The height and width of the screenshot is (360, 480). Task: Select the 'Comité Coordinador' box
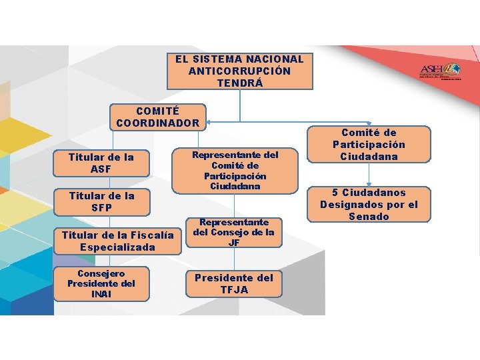click(x=158, y=117)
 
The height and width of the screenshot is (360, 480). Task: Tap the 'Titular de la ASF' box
click(x=101, y=163)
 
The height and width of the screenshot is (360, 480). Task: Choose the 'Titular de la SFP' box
click(x=101, y=201)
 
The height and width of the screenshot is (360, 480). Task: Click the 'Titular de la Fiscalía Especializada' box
click(x=117, y=241)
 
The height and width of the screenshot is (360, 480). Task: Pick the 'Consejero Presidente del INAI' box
click(x=101, y=283)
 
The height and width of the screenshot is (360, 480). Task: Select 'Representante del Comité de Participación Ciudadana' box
click(x=235, y=171)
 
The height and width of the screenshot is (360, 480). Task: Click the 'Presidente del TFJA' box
click(x=234, y=283)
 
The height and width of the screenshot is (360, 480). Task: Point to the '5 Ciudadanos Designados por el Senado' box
click(x=369, y=204)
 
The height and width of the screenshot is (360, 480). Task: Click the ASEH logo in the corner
click(x=439, y=71)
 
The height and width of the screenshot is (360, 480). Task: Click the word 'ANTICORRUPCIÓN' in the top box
click(x=239, y=71)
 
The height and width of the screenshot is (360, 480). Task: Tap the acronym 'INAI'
click(x=101, y=294)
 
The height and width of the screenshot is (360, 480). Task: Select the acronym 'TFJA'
click(x=234, y=290)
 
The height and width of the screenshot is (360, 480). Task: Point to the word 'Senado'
click(x=369, y=217)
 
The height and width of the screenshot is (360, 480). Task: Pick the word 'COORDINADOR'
click(x=158, y=123)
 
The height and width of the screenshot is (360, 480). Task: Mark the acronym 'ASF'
click(x=101, y=169)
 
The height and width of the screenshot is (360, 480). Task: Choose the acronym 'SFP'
click(x=101, y=208)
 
